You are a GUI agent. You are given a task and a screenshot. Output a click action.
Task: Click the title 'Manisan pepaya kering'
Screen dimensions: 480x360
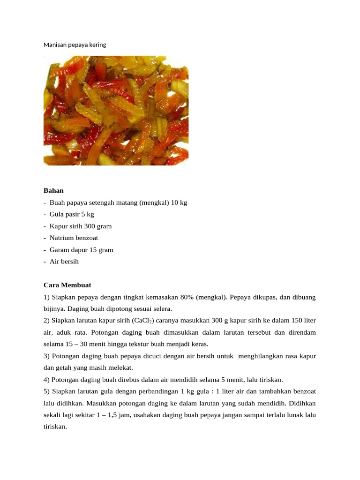pyautogui.click(x=75, y=45)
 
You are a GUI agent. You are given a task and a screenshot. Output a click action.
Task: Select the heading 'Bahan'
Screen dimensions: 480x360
pyautogui.click(x=53, y=191)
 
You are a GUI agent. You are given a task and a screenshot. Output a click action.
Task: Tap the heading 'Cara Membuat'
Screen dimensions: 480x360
pyautogui.click(x=67, y=285)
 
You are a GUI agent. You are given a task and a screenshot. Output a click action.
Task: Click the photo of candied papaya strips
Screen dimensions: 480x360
pyautogui.click(x=116, y=110)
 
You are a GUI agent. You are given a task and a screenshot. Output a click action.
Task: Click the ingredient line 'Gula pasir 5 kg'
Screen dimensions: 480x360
pyautogui.click(x=72, y=214)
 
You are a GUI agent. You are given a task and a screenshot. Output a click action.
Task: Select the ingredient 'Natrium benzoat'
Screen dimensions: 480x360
pyautogui.click(x=74, y=238)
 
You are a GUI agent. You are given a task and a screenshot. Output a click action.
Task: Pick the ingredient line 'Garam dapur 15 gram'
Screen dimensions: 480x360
pyautogui.click(x=81, y=250)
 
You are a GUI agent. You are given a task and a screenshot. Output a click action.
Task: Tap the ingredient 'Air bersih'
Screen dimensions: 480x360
pyautogui.click(x=64, y=262)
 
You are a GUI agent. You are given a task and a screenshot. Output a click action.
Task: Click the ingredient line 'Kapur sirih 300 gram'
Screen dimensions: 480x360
pyautogui.click(x=81, y=226)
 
